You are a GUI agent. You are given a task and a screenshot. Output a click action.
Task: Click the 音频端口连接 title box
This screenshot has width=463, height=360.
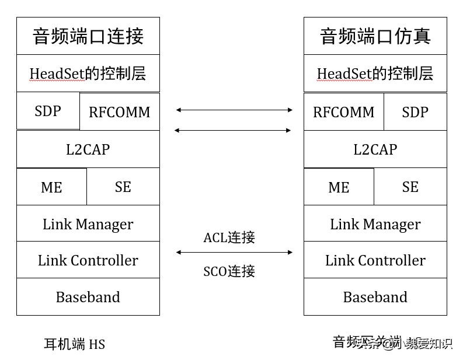(88, 36)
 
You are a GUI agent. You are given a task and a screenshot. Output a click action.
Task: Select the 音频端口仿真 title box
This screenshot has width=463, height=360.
(375, 36)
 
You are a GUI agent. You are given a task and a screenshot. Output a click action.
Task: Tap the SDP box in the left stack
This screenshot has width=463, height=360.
(48, 111)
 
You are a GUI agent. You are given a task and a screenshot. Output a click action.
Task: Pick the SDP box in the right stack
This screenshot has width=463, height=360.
(415, 112)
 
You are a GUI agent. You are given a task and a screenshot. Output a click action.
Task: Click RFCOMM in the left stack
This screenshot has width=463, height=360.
(119, 112)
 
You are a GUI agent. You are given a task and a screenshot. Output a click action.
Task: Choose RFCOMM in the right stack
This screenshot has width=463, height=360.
(344, 112)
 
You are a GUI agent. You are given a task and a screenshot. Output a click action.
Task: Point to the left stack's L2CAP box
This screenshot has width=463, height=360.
(88, 149)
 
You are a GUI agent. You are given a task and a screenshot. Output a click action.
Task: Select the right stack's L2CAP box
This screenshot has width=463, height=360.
(375, 149)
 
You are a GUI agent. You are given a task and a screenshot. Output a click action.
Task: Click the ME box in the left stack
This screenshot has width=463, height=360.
(51, 187)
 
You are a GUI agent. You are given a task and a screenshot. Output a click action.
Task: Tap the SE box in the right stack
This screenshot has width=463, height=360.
(410, 187)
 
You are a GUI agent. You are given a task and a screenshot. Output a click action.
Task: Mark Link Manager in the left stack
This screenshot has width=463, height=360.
(88, 224)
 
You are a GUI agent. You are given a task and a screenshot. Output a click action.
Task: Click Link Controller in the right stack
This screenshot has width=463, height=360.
(375, 260)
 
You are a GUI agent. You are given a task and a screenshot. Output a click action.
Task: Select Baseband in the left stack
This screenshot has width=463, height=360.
(88, 297)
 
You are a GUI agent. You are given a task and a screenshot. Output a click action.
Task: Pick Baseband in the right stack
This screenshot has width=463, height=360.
(375, 297)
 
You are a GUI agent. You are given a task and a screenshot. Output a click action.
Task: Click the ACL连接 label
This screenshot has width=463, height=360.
(229, 237)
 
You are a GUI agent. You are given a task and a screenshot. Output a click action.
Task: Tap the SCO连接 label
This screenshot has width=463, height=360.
(229, 271)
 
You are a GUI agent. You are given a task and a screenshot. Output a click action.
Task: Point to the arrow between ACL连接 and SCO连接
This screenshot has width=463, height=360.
(234, 252)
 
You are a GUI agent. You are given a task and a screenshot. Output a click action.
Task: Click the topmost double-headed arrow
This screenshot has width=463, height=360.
(234, 109)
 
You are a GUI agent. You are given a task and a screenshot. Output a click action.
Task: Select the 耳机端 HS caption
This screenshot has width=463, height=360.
(74, 344)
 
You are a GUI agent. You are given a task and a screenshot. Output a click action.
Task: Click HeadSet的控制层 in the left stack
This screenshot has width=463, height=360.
(88, 74)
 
